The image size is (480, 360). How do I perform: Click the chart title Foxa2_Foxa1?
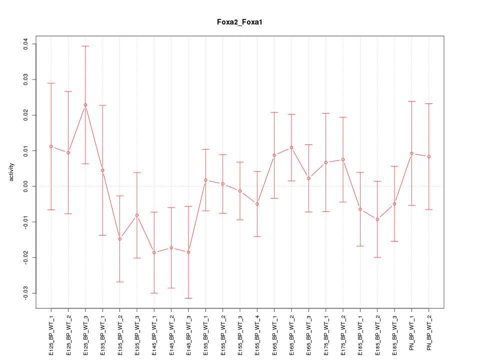click(239, 22)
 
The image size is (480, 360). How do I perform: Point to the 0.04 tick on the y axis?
click(33, 44)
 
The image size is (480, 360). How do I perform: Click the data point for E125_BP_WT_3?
click(85, 105)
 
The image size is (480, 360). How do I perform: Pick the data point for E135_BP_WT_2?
click(119, 239)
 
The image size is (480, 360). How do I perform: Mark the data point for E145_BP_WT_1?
click(154, 252)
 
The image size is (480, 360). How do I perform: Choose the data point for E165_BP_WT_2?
click(291, 147)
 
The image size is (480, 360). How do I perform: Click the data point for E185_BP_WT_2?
click(377, 219)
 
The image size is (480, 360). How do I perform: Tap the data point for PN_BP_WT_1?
click(411, 153)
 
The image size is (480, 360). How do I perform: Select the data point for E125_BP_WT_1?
click(51, 146)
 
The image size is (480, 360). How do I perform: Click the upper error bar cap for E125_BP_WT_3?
click(85, 46)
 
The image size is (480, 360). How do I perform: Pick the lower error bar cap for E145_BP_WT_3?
click(188, 298)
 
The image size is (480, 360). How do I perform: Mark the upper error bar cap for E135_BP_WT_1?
click(102, 105)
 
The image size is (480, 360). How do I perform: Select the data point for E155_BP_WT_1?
click(205, 180)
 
